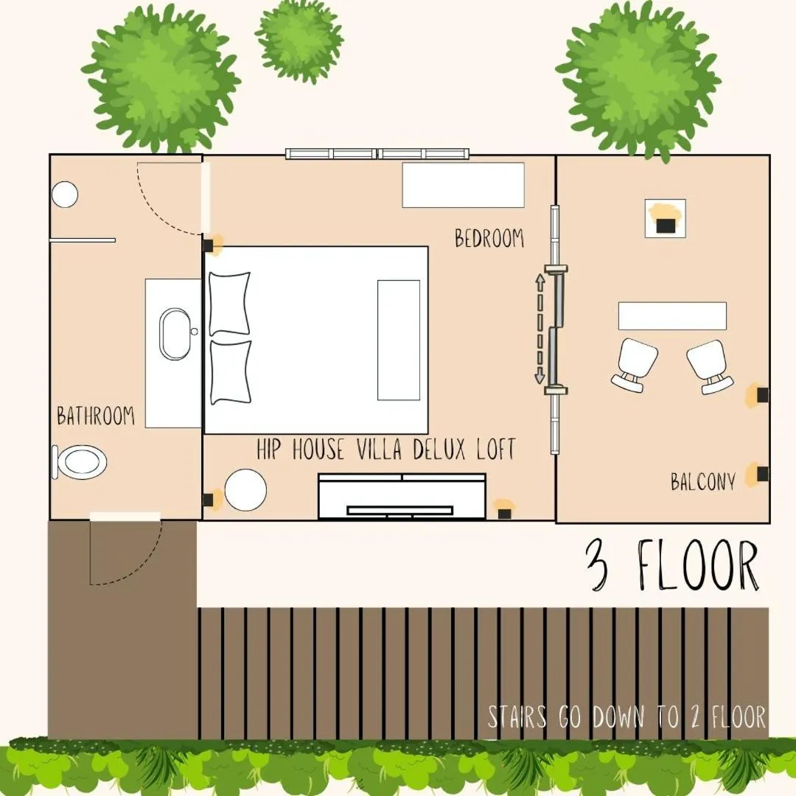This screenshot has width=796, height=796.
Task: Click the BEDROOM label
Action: tap(489, 239)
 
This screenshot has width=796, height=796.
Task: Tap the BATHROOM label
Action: tap(96, 416)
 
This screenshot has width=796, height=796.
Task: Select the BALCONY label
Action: tap(703, 482)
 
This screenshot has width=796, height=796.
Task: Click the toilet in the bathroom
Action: tap(80, 462)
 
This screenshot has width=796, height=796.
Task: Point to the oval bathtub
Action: tap(175, 334)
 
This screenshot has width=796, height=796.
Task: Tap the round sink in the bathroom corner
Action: tap(65, 195)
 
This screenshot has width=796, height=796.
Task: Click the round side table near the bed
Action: tap(245, 490)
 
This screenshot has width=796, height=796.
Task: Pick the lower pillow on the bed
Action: tap(230, 371)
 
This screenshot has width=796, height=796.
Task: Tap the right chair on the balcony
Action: tap(710, 366)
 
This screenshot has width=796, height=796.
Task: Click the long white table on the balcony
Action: tap(672, 315)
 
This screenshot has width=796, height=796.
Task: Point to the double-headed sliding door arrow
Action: tap(540, 329)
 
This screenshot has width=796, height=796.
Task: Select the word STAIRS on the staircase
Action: tap(517, 717)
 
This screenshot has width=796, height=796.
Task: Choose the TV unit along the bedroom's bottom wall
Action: tap(402, 496)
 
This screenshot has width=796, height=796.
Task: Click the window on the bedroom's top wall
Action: tap(377, 154)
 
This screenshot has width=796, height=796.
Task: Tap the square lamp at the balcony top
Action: tap(666, 218)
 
